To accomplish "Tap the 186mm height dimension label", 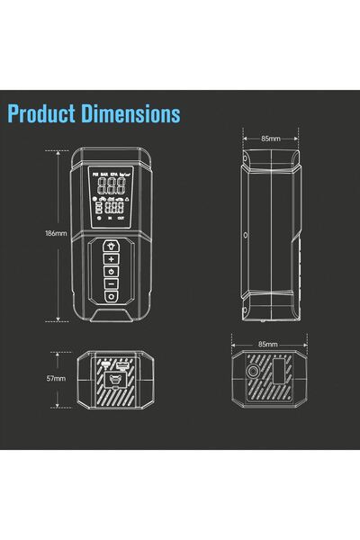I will [x=56, y=233].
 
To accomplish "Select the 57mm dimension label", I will [x=56, y=379].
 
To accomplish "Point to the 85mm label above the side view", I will [x=270, y=139].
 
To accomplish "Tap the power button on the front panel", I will [x=112, y=272].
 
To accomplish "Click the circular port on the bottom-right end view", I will [x=253, y=372].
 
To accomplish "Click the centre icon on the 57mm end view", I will [x=113, y=380].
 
